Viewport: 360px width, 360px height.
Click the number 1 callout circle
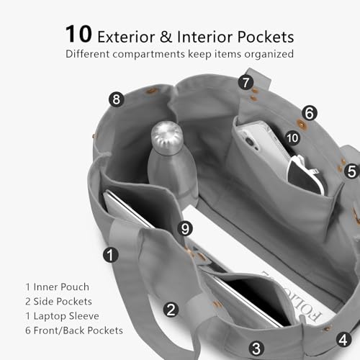click(111, 255)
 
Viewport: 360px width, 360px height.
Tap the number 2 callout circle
click(171, 310)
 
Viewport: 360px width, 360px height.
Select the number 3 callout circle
click(256, 348)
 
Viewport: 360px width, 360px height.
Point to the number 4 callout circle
click(343, 340)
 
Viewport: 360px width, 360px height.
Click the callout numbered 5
click(352, 171)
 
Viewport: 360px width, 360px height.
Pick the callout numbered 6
click(310, 113)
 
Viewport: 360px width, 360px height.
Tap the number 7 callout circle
click(246, 83)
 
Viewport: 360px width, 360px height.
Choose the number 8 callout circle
click(117, 99)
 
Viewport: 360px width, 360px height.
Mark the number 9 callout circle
click(185, 228)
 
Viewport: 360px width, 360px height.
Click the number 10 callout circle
click(292, 138)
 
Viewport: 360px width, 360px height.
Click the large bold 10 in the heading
click(78, 34)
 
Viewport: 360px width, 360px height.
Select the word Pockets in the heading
click(266, 37)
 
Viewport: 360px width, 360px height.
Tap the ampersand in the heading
click(166, 37)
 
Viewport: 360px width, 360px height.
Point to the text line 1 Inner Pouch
click(58, 287)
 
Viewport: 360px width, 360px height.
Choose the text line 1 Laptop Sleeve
click(62, 316)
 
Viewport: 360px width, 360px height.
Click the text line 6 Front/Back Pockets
click(74, 330)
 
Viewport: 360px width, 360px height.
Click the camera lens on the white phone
click(250, 142)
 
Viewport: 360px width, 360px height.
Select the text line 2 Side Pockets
click(58, 302)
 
